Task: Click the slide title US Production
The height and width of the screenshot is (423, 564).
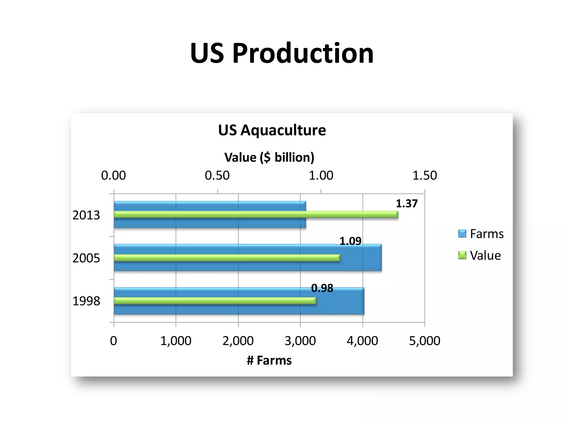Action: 281,53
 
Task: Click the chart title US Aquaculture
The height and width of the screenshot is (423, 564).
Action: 272,130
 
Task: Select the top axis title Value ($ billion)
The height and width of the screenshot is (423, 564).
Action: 269,158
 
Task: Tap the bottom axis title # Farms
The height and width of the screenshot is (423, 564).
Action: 269,360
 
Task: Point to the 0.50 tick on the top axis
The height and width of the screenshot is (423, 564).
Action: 217,176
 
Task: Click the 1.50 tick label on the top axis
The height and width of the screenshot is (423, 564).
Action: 424,176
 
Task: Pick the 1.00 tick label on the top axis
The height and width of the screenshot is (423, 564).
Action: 321,176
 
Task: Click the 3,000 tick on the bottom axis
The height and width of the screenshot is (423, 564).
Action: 300,341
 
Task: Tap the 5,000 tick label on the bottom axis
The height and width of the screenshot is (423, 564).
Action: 424,341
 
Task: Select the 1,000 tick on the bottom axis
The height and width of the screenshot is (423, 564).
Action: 176,341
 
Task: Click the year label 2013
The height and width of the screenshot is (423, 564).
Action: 86,215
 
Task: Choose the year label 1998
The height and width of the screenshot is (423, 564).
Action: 86,301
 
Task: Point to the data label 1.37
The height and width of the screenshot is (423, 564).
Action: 406,204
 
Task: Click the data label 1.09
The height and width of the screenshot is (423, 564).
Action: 350,241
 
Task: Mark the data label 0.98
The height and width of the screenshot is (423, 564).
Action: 322,288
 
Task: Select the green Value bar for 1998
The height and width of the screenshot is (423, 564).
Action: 215,301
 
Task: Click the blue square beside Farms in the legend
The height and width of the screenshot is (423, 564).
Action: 462,234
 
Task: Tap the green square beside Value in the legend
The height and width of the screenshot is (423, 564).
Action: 462,255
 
